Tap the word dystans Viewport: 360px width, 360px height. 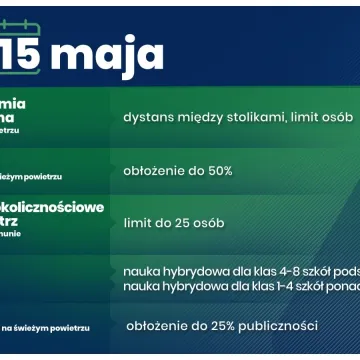pyautogui.click(x=148, y=118)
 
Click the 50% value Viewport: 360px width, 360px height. pyautogui.click(x=216, y=170)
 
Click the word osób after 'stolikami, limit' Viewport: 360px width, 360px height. pyautogui.click(x=333, y=118)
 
